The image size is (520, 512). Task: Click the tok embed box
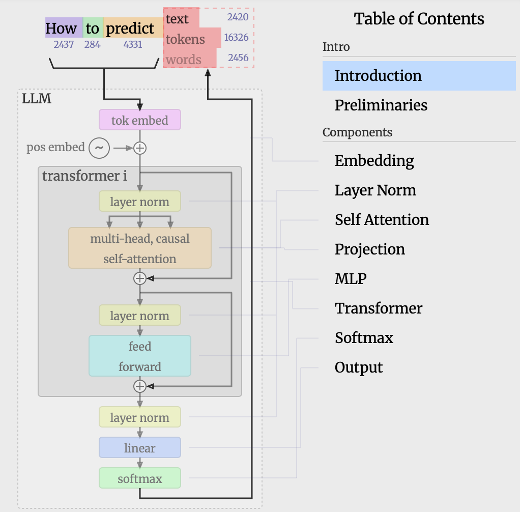point(139,121)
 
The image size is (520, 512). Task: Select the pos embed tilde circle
point(99,148)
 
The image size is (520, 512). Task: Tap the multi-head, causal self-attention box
point(139,248)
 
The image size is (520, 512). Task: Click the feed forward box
point(139,356)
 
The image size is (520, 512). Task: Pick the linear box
point(139,448)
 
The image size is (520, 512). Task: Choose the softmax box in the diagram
point(139,478)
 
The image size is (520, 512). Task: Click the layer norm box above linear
point(139,417)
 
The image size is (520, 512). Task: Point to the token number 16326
point(236,38)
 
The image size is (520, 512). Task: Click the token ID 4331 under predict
point(132,45)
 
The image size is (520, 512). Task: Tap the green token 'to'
point(93,29)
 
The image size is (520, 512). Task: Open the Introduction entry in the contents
point(378,76)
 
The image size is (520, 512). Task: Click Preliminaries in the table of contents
point(381,105)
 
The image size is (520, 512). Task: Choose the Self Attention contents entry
point(382,220)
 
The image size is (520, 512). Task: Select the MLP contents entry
point(351,279)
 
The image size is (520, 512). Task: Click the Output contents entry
point(359,367)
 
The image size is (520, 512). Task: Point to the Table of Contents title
point(419,19)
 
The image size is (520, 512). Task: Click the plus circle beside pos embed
point(139,148)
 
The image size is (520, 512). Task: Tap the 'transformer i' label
point(84,176)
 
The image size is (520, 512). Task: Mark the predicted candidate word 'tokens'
point(185,39)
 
